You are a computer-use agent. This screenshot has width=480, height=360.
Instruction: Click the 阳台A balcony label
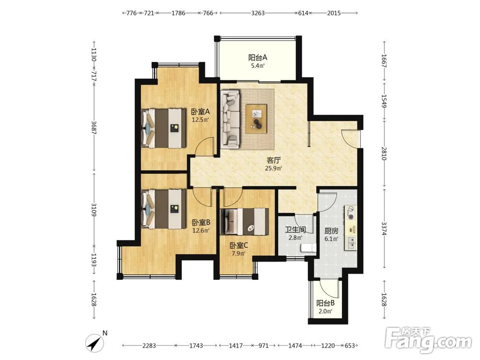click(x=258, y=57)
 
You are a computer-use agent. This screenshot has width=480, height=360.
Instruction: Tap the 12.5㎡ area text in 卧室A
click(x=200, y=120)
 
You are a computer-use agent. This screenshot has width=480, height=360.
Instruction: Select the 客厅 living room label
click(x=274, y=160)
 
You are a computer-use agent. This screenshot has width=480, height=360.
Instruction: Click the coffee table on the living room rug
click(x=256, y=119)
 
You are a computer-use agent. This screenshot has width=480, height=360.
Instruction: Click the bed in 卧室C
click(x=245, y=222)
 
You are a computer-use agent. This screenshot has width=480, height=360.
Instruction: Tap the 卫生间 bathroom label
click(x=295, y=229)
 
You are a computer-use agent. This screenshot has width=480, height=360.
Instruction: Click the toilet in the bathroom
click(x=309, y=248)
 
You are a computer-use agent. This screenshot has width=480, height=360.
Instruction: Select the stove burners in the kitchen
click(x=351, y=213)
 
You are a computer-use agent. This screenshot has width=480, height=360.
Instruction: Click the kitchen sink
click(x=351, y=242)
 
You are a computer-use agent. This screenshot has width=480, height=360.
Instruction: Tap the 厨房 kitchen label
click(x=331, y=231)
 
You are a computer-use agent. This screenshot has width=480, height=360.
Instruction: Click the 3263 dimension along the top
click(x=258, y=13)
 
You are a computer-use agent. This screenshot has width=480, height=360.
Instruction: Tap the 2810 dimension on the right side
click(x=384, y=154)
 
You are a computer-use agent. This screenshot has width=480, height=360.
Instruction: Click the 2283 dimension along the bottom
click(x=149, y=346)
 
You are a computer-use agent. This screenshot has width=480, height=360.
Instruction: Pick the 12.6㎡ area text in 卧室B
click(x=201, y=230)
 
